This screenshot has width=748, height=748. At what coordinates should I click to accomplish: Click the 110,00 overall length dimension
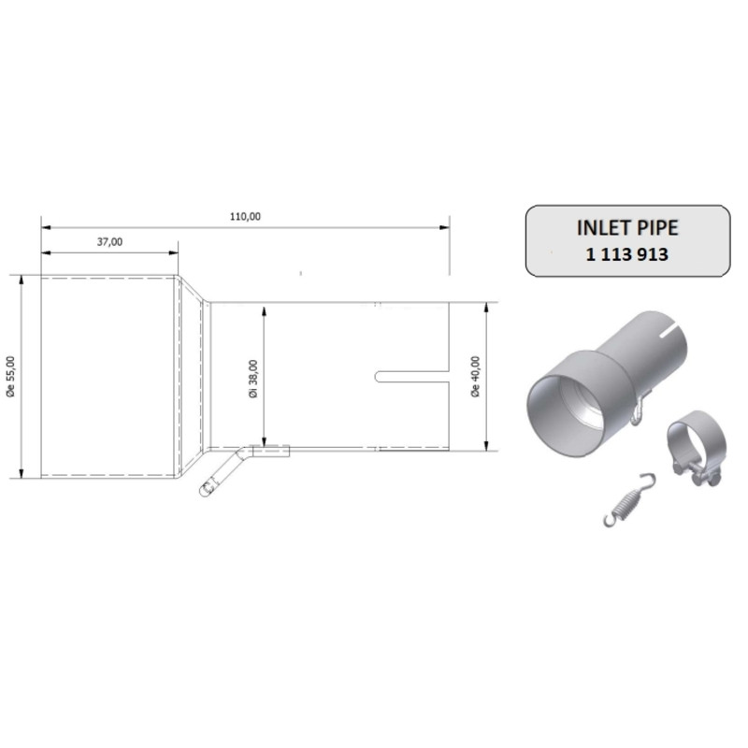click(245, 217)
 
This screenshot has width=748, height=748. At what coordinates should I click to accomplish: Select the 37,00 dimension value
click(109, 242)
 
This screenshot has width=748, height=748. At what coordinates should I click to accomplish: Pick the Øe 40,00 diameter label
click(475, 377)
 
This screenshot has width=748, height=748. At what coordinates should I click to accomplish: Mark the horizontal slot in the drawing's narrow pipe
click(411, 377)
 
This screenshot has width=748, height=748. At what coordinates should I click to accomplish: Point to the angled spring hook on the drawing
click(223, 472)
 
